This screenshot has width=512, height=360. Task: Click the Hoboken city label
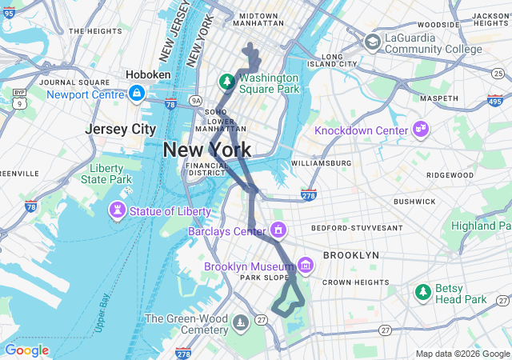click(x=148, y=74)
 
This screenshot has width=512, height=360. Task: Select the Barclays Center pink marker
click(x=278, y=231)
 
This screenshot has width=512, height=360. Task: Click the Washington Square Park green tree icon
click(x=227, y=82)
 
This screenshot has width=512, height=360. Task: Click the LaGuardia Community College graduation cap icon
click(x=373, y=42)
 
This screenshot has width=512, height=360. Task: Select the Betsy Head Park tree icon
click(x=422, y=294)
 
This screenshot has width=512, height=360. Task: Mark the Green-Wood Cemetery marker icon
click(x=241, y=323)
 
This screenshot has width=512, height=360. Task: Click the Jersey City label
click(x=121, y=129)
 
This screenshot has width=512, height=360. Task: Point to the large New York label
click(x=206, y=150)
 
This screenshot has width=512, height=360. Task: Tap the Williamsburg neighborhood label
click(x=321, y=163)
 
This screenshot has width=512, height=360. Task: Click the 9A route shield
click(x=197, y=100)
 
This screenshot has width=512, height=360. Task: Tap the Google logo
click(x=26, y=350)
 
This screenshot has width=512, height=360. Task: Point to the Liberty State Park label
click(x=106, y=174)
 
